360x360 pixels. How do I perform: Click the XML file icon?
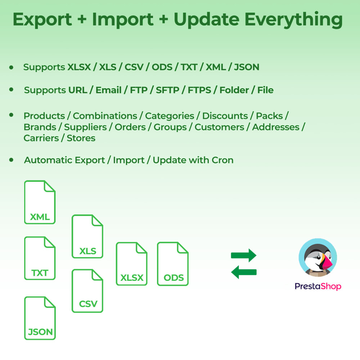point(40,202)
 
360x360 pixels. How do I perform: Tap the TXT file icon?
point(40,258)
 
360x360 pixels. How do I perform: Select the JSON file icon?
point(40,318)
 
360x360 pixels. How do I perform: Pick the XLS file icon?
point(87,237)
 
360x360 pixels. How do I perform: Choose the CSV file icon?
point(87,291)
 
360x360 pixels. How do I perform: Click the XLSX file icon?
point(132,264)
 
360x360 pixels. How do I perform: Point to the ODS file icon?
point(173,264)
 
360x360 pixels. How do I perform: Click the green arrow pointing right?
point(243,256)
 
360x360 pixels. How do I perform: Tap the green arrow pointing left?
point(243,272)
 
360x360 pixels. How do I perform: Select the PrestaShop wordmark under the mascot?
point(318,286)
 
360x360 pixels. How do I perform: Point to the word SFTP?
point(167,90)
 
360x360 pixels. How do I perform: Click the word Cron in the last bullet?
point(223,160)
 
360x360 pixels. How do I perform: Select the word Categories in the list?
point(170,116)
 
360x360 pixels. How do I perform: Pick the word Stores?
point(81,138)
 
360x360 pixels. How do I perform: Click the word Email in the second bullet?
point(108,90)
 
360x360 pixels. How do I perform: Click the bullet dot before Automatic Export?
point(12,159)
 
